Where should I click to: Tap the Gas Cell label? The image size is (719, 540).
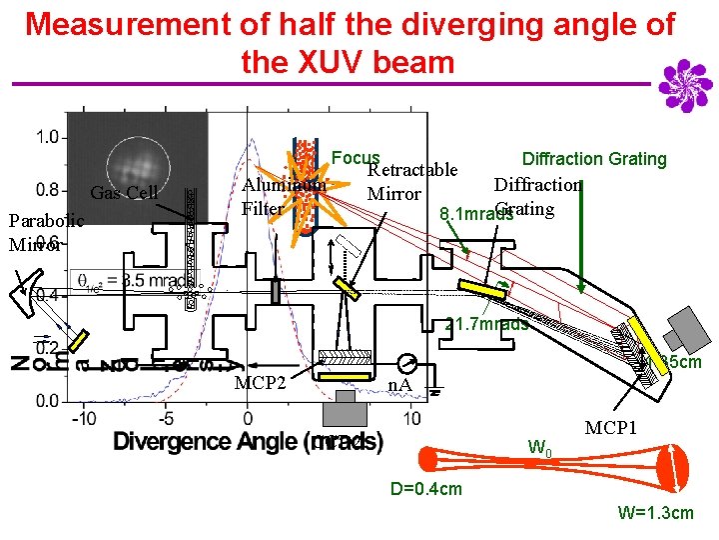[x=124, y=193]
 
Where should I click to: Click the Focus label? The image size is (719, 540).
[x=356, y=158]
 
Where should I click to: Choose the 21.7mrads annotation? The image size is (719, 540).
[x=486, y=324]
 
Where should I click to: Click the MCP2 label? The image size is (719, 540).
[x=261, y=383]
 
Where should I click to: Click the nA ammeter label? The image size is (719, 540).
[x=399, y=383]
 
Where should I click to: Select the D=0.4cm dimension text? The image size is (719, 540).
[x=426, y=488]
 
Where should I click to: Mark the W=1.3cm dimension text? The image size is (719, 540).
[x=655, y=513]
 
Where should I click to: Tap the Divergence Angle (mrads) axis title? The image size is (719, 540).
[x=248, y=441]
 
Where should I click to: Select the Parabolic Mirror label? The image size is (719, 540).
[x=34, y=231]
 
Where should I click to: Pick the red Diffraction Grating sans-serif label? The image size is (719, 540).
[x=594, y=159]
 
